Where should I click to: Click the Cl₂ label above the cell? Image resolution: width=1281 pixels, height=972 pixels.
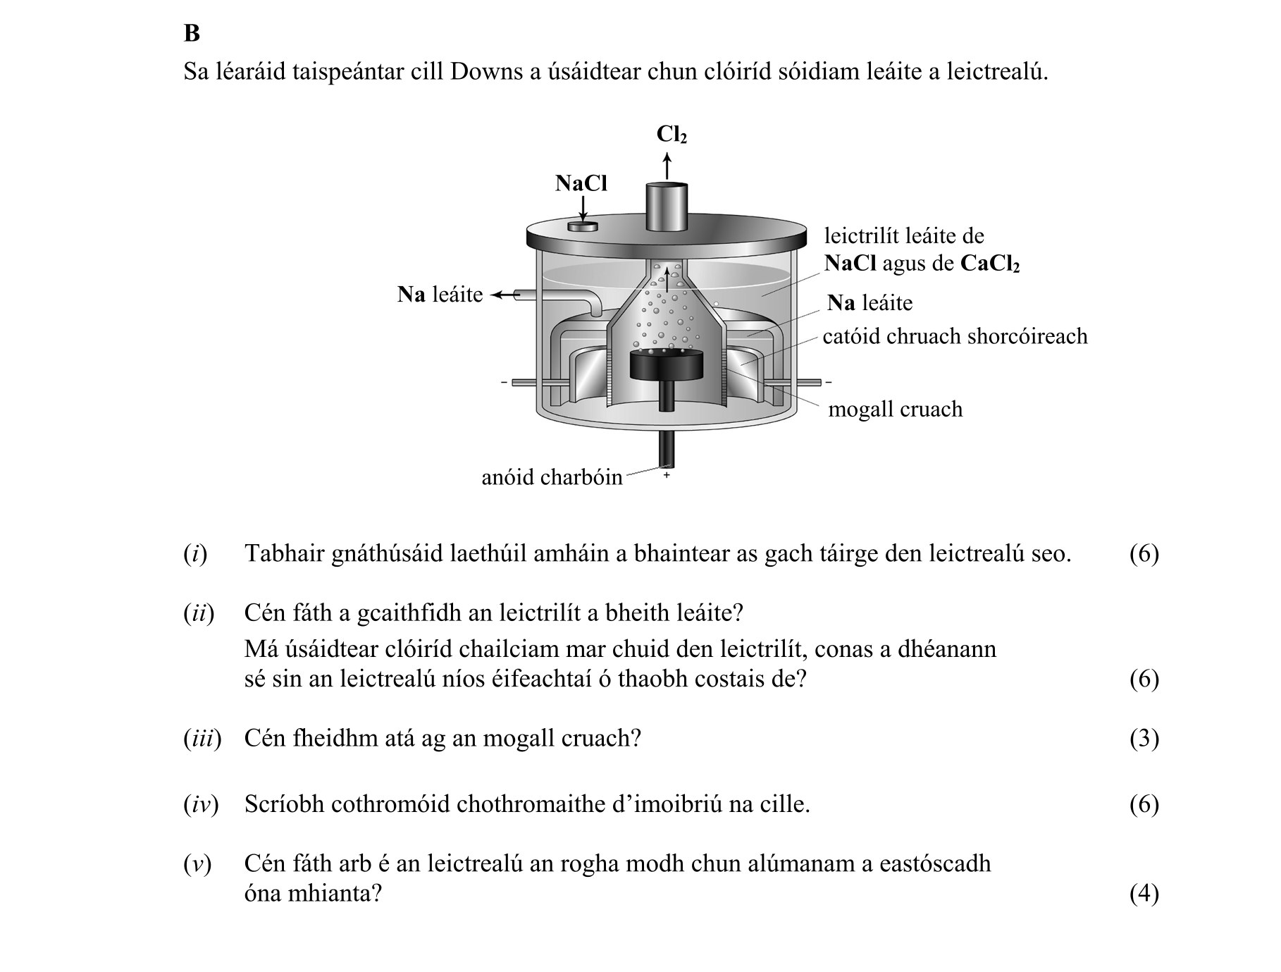(671, 135)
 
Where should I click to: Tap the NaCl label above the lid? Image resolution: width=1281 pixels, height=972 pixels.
(581, 183)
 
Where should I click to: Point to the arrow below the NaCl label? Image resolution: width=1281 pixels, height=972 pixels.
(583, 208)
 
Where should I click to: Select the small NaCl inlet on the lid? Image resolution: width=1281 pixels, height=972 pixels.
(583, 227)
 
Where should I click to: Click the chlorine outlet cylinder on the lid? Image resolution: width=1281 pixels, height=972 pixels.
(667, 207)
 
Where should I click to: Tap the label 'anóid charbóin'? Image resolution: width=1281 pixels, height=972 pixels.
(552, 478)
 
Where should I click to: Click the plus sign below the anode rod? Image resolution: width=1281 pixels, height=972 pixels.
(666, 476)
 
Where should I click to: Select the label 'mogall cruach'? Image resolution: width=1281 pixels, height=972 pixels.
(895, 410)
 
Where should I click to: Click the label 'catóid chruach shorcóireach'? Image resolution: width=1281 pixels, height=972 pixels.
(955, 336)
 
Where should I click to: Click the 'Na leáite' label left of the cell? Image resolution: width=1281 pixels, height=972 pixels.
(440, 295)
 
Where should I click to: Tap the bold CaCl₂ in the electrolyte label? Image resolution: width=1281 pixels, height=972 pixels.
(989, 264)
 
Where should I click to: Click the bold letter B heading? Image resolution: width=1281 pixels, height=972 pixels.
(192, 33)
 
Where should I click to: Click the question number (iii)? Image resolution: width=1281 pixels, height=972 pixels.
(202, 739)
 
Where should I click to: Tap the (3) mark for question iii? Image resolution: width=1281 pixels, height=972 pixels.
(1144, 739)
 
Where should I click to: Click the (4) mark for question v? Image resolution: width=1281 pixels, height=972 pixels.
(1144, 894)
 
